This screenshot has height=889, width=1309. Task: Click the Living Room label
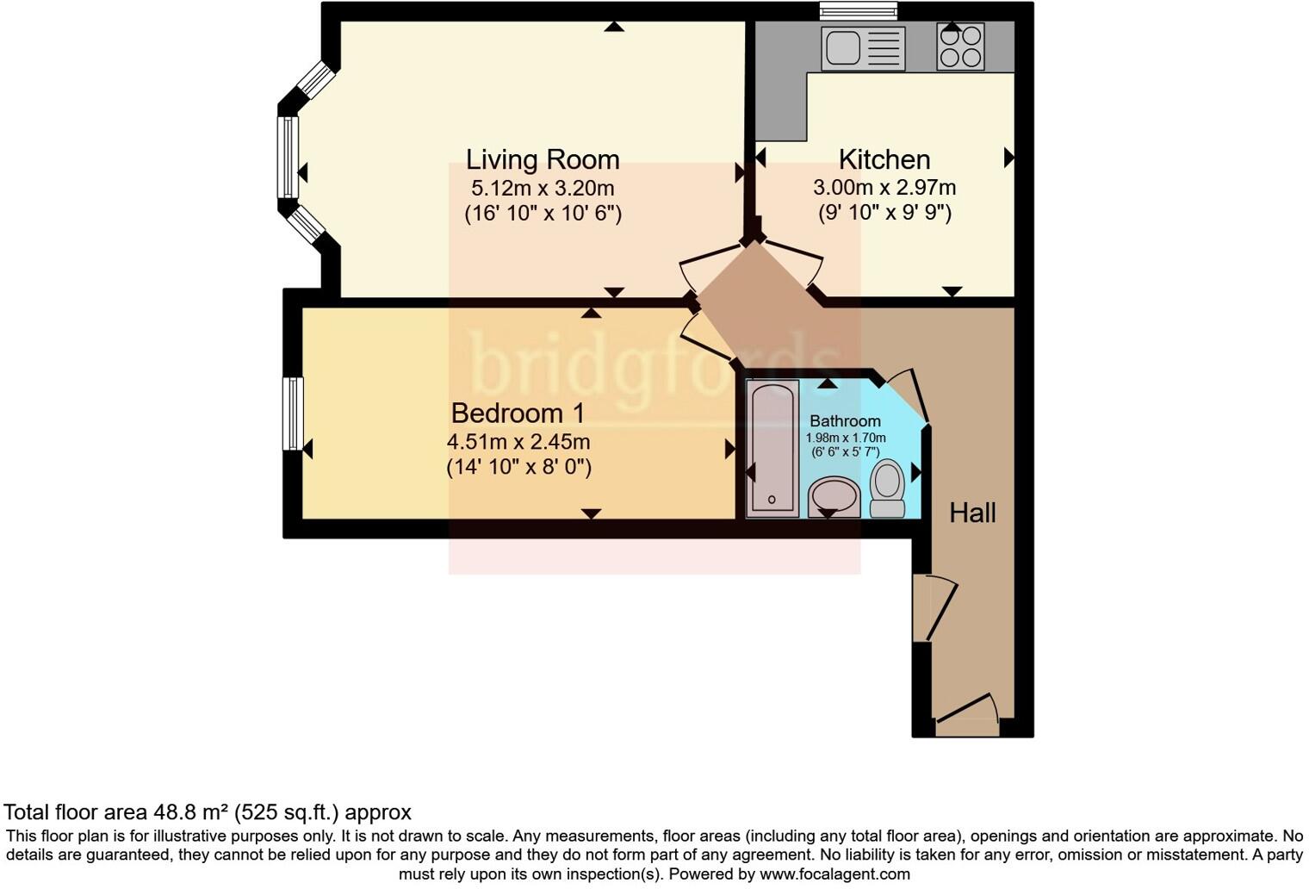tap(543, 160)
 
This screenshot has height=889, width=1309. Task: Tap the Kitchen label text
tap(884, 159)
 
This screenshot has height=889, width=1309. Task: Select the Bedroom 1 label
tap(518, 413)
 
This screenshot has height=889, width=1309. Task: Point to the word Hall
tap(972, 513)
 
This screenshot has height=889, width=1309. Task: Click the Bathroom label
tap(845, 421)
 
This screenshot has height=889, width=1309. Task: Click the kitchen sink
tap(863, 48)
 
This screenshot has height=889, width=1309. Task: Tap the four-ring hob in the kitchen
tap(960, 47)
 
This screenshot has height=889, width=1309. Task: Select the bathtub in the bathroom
tap(772, 448)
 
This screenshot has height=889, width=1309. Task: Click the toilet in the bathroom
tap(887, 488)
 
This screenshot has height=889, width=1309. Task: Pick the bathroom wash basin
tap(834, 497)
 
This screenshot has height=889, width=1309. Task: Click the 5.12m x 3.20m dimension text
tap(543, 188)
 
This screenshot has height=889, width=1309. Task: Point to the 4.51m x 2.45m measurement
tap(518, 442)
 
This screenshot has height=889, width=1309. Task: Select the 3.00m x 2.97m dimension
tap(884, 188)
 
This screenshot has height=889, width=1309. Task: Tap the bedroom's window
tap(293, 413)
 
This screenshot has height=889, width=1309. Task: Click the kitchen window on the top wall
tap(858, 11)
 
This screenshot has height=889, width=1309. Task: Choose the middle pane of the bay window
tap(288, 158)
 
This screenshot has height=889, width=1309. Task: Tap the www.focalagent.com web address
tap(834, 874)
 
